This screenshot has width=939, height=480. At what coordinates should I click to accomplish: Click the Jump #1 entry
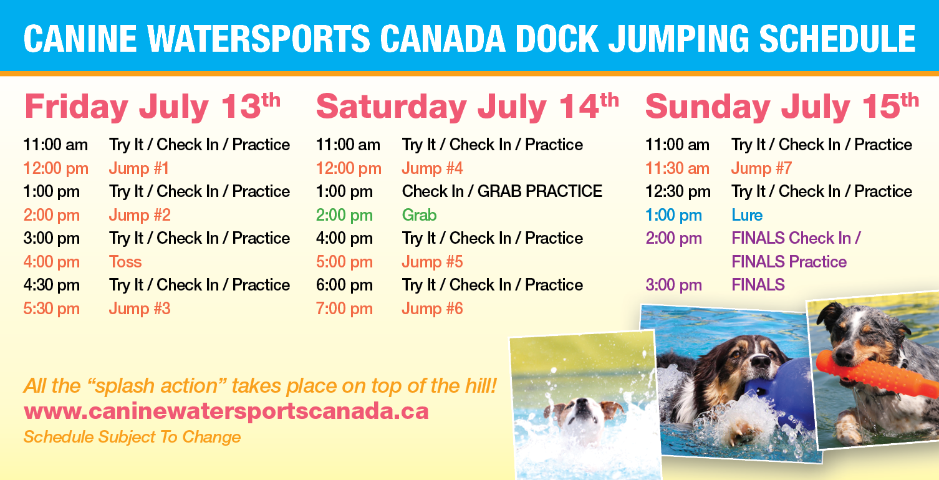[x=139, y=168]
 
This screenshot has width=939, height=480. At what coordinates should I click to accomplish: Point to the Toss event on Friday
[x=125, y=262]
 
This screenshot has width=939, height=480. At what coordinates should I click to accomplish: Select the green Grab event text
[x=419, y=215]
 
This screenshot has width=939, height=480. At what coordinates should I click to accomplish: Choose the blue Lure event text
[x=747, y=215]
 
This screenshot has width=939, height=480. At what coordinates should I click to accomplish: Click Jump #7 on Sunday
[x=761, y=168]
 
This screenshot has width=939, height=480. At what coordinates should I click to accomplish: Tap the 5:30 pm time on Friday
[x=52, y=309]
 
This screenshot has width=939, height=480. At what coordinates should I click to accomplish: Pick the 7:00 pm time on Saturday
[x=344, y=309]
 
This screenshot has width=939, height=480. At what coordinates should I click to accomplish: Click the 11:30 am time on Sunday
[x=677, y=168]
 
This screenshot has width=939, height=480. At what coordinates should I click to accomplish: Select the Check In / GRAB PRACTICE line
[x=502, y=191]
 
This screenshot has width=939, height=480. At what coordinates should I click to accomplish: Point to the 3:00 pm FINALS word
[x=758, y=285]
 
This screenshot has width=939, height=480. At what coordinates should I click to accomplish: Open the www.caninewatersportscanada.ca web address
[x=226, y=411]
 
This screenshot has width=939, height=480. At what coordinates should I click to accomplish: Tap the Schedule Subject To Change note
[x=132, y=437]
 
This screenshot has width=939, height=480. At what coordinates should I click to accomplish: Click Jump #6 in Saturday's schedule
[x=432, y=309]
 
